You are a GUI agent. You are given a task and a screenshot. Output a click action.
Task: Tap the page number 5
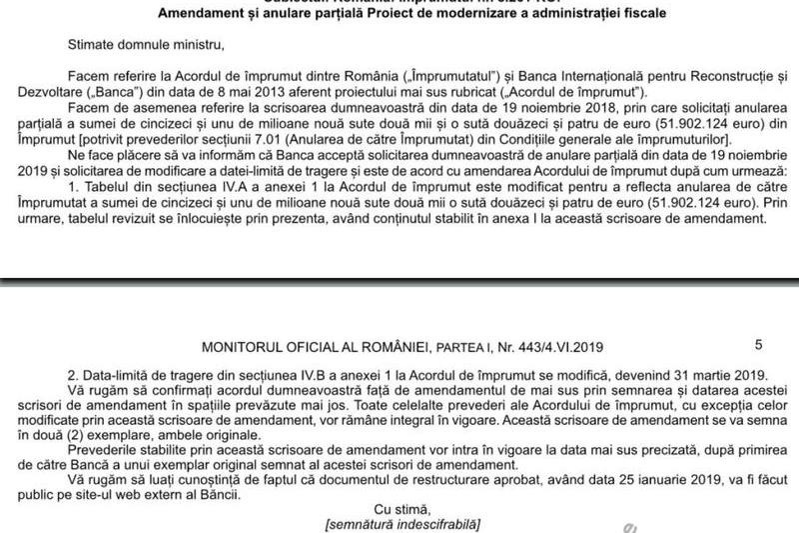point(759,345)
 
